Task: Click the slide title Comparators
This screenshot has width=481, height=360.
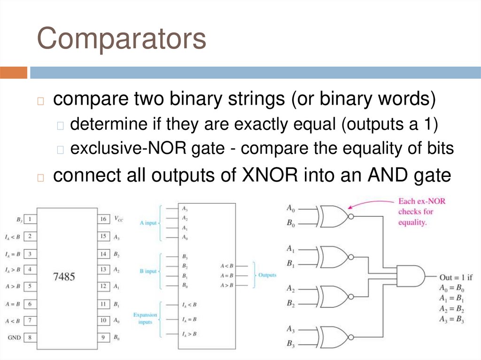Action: [121, 39]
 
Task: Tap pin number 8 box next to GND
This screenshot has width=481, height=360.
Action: [30, 337]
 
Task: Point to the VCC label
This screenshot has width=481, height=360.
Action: [119, 219]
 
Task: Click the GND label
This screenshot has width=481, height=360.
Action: [14, 337]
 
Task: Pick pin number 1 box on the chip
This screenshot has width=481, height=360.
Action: [30, 219]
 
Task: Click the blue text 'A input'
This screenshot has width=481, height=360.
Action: [148, 223]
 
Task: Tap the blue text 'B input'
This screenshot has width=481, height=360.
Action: [148, 271]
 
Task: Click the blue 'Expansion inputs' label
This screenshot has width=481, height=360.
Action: [145, 318]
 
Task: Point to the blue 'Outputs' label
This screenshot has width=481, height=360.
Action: [267, 275]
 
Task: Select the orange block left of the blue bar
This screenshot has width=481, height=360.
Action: [14, 73]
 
